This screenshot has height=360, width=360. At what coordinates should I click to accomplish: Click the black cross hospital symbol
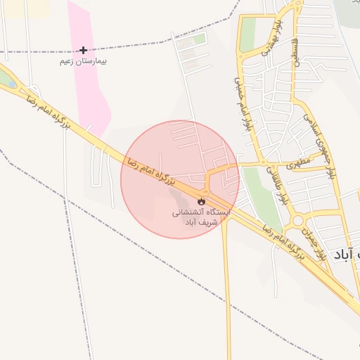coord(84,50)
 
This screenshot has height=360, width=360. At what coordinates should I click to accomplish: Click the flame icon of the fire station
coord(202,201)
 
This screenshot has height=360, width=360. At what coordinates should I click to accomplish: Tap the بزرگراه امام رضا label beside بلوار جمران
coord(284,243)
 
